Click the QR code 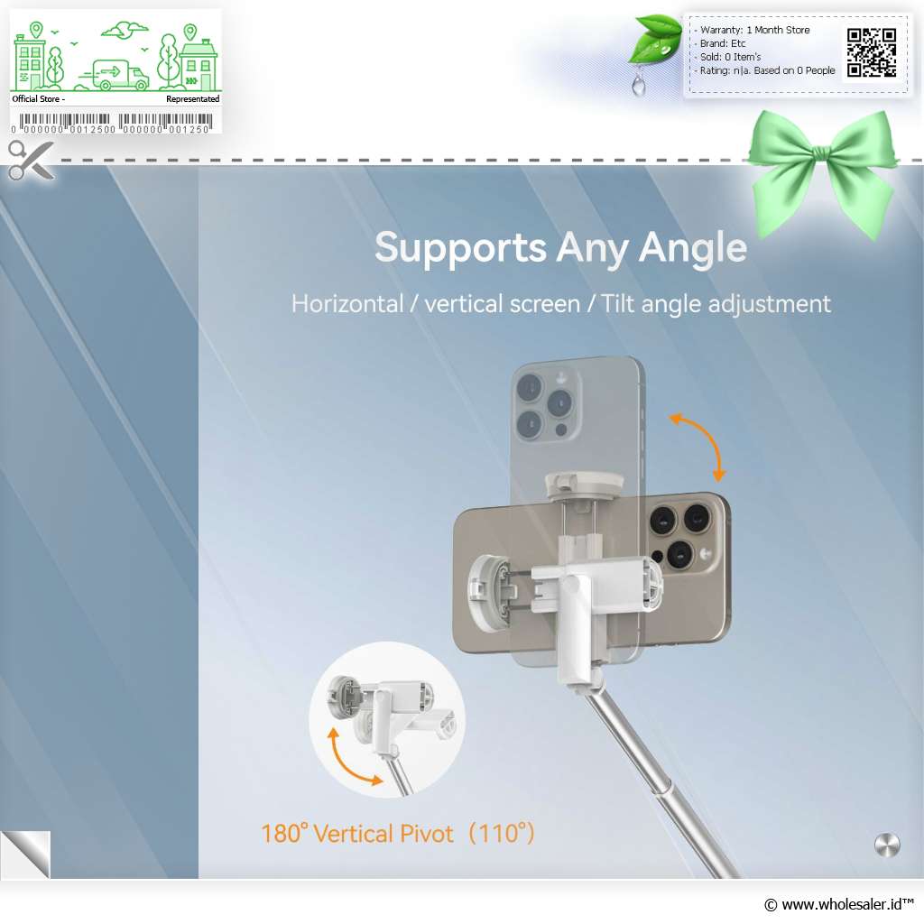(872, 52)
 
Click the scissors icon (31, 160)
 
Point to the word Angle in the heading (692, 248)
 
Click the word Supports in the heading (460, 248)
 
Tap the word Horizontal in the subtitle (347, 304)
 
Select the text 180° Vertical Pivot (357, 833)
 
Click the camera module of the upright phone (546, 404)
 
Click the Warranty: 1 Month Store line (754, 30)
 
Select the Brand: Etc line (722, 43)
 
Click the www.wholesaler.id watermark (839, 904)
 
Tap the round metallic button (887, 845)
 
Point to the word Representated (193, 99)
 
